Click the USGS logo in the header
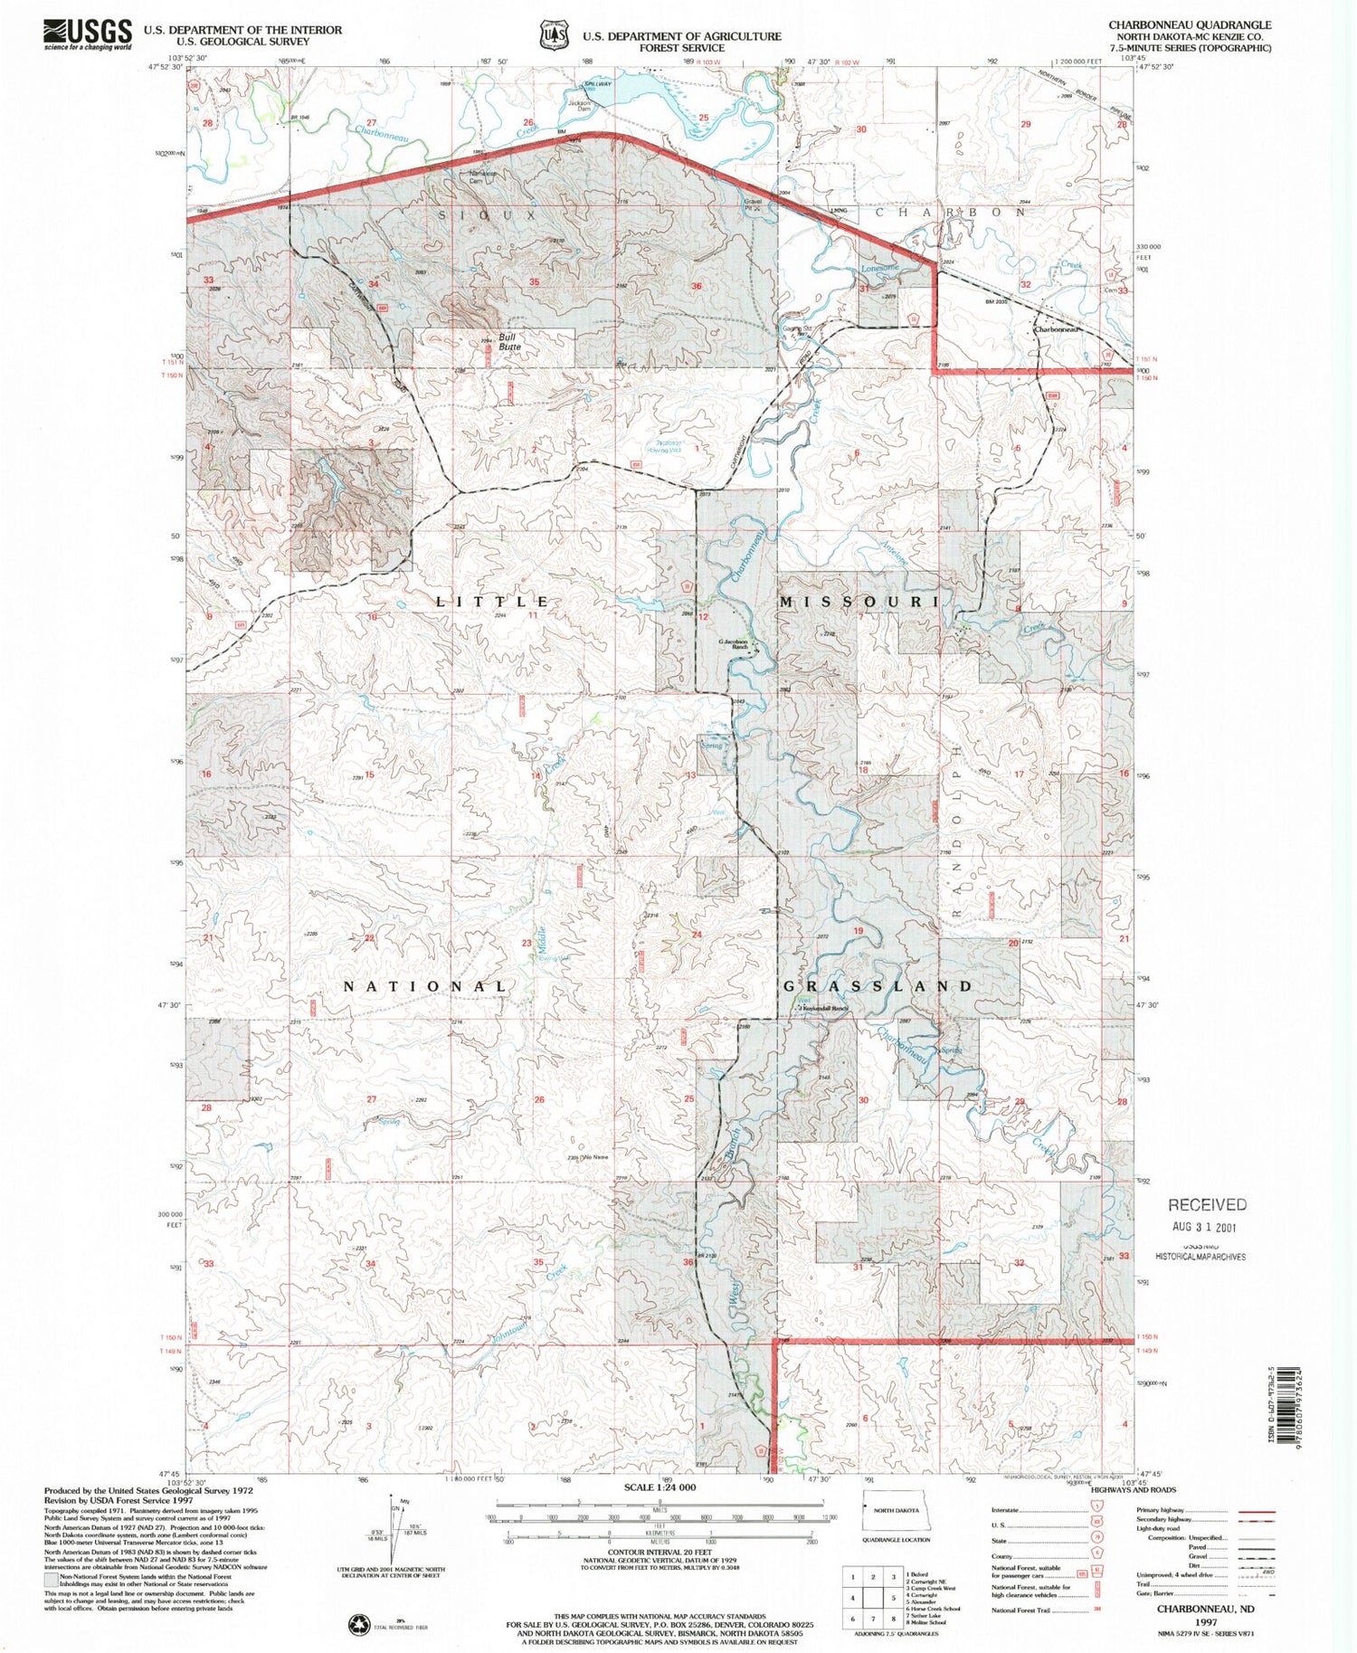click(x=87, y=34)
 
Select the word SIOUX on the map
click(x=488, y=215)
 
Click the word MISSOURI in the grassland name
click(x=859, y=602)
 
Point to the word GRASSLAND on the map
click(x=878, y=985)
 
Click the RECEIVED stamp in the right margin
click(x=1207, y=1205)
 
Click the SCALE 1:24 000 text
click(x=660, y=1487)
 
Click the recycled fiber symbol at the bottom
click(x=359, y=1625)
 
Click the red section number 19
click(x=858, y=931)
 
